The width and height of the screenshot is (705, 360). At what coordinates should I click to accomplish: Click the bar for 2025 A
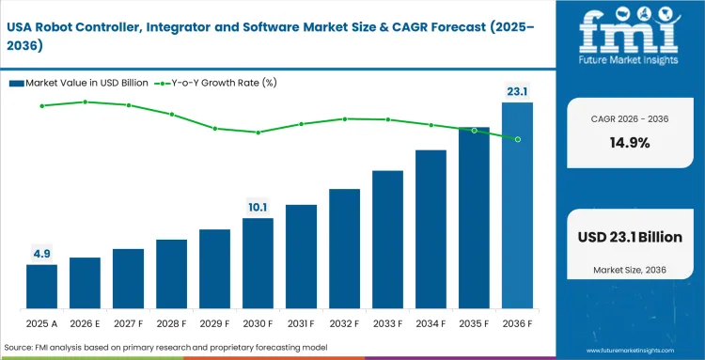[x=41, y=287]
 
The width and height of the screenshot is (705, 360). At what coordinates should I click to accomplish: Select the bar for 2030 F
[x=258, y=263]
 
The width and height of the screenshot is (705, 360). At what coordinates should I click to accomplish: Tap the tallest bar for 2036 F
[x=517, y=206]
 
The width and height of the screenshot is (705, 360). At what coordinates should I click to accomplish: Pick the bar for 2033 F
[x=387, y=240]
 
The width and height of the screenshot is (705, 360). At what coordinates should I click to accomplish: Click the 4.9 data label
[x=41, y=253]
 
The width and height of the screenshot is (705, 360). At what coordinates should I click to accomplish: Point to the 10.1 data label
[x=258, y=207]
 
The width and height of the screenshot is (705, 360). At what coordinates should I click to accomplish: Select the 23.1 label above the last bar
[x=517, y=91]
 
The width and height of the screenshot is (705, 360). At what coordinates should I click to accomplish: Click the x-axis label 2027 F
[x=128, y=324]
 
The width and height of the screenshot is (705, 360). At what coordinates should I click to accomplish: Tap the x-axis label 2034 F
[x=431, y=324]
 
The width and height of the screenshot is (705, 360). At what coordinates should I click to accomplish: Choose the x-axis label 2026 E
[x=85, y=324]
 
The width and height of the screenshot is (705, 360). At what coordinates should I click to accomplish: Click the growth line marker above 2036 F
[x=517, y=139]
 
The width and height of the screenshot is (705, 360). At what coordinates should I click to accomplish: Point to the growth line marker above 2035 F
[x=474, y=130]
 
